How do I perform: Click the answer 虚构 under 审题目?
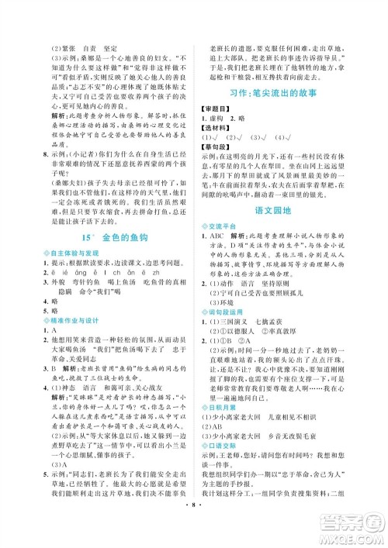click(x=230, y=121)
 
